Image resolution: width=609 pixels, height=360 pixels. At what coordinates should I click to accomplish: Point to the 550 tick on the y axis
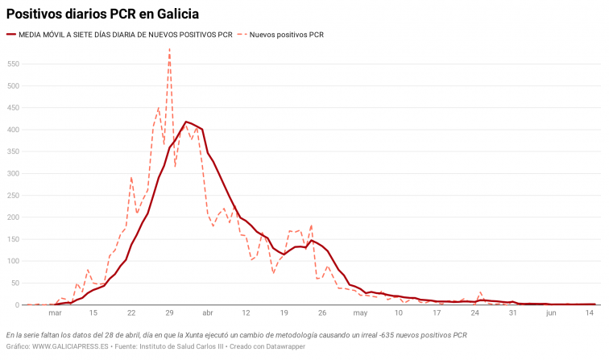13,64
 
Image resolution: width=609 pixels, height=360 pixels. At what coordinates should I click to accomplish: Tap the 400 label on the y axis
13,130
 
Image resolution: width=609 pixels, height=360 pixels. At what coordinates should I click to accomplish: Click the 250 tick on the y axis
13,196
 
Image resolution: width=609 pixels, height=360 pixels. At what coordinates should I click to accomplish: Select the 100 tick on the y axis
13,261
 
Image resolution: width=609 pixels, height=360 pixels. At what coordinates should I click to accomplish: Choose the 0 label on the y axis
17,304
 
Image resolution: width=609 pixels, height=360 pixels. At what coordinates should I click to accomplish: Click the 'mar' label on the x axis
55,313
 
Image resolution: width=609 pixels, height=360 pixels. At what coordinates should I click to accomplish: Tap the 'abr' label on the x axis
208,313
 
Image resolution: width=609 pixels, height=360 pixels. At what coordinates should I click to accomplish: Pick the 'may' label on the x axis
360,313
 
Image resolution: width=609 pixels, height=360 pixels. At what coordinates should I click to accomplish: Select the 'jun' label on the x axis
551,313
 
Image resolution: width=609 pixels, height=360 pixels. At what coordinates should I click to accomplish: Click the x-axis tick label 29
169,313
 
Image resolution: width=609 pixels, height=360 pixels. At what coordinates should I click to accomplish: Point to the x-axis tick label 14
589,313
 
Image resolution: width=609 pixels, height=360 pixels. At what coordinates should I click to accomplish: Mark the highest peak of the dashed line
169,49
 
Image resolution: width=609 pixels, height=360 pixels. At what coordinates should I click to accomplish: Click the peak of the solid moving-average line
186,122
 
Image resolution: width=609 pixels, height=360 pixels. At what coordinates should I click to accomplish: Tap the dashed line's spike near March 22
131,177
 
